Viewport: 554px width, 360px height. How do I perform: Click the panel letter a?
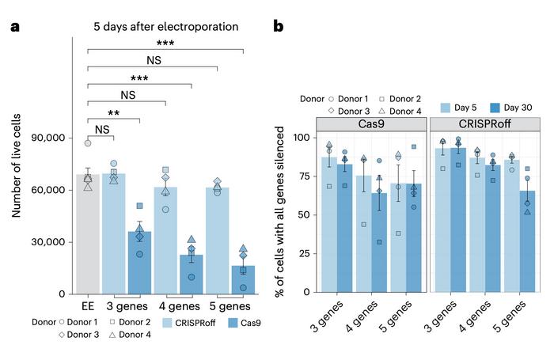pos(13,27)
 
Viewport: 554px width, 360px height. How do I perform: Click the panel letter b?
pos(279,27)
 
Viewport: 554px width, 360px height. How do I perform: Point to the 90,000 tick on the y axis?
pos(48,138)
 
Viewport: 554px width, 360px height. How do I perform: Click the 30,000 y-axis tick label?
pos(48,243)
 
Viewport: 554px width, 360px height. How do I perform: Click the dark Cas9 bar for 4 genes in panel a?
pos(191,274)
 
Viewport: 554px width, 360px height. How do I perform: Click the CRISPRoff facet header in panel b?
pos(485,125)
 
